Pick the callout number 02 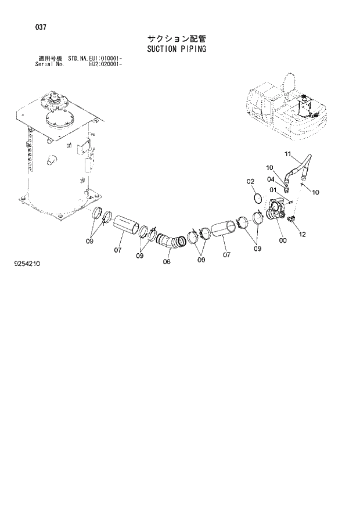[251, 182]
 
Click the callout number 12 [301, 234]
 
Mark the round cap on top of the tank [57, 119]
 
